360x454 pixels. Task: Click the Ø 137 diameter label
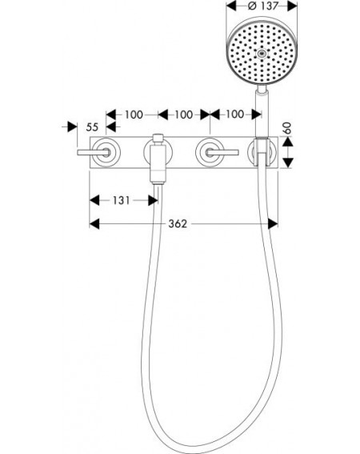263,6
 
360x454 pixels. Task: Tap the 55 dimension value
92,127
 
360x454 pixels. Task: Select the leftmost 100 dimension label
134,115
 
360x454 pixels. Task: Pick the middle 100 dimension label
183,115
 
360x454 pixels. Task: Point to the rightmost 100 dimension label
234,114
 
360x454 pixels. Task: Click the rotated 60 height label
287,128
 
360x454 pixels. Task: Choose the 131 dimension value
122,200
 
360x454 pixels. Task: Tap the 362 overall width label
178,223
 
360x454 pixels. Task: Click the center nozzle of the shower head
262,54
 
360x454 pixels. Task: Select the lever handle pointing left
93,152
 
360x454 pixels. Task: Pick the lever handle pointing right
222,152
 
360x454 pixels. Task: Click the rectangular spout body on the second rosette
158,164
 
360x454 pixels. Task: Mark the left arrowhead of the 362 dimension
94,223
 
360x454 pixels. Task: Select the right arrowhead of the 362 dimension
273,223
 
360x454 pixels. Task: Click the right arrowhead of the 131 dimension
153,200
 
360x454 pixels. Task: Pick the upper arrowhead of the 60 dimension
287,141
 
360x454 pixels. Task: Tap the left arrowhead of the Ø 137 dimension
231,6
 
